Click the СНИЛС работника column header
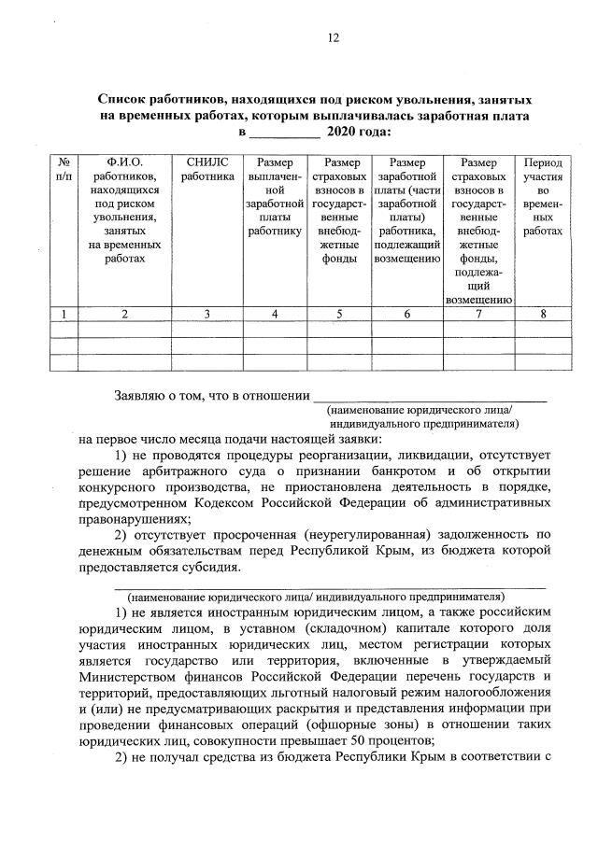pyautogui.click(x=207, y=168)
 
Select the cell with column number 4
pyautogui.click(x=275, y=315)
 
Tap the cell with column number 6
pyautogui.click(x=407, y=315)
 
